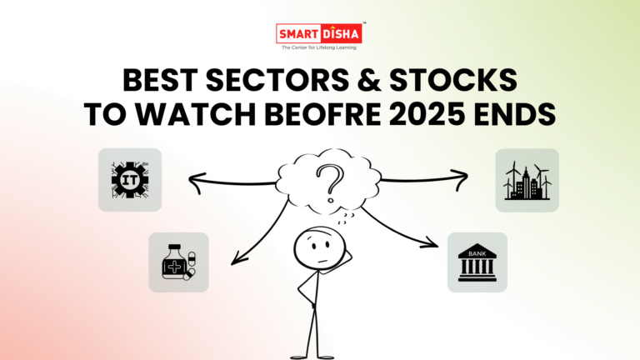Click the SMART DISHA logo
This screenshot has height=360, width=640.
tap(319, 34)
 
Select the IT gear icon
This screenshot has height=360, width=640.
tap(129, 179)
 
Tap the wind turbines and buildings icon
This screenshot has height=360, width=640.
tap(527, 180)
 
